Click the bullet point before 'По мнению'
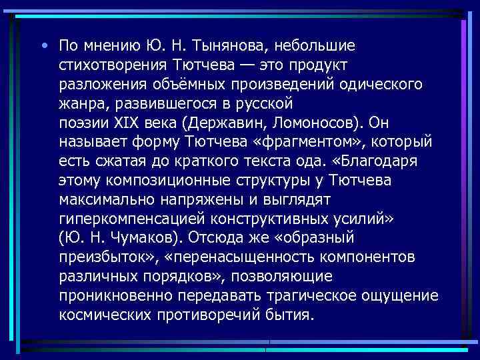point(43,46)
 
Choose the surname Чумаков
point(155,238)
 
